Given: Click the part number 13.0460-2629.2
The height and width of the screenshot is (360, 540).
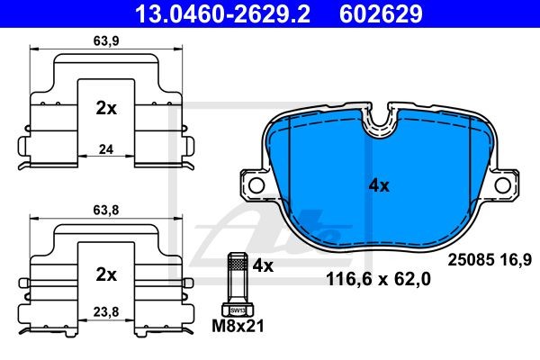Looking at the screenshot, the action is [x=222, y=13].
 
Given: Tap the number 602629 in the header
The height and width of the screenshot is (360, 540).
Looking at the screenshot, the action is [x=381, y=13].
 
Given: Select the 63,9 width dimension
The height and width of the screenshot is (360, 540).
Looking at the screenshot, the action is [x=106, y=41].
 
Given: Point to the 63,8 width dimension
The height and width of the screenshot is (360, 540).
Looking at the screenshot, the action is [x=106, y=210].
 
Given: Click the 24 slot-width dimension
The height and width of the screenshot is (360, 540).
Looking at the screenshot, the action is [x=106, y=149].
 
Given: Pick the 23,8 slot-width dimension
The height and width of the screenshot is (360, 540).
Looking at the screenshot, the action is [x=106, y=312].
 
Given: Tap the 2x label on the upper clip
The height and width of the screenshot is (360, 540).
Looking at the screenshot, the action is [x=106, y=109].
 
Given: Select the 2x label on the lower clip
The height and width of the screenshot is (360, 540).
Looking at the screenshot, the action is [x=106, y=274].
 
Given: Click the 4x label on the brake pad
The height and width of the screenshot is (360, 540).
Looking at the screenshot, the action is [x=379, y=186].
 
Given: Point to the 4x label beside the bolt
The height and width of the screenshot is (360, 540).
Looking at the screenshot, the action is [x=263, y=265].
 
